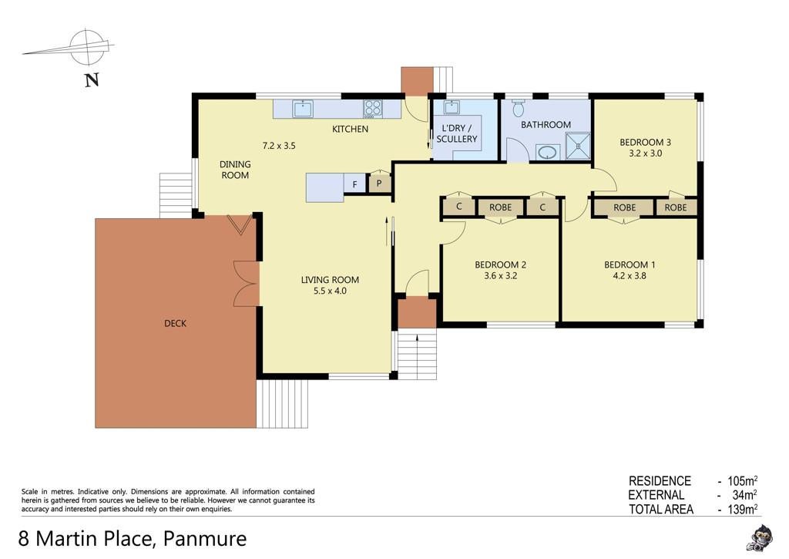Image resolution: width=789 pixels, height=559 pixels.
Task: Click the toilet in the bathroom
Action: pos(519,108)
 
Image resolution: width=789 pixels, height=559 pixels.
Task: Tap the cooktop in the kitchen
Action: pos(373,109)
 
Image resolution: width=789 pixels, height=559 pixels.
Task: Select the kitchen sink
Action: pos(303,108)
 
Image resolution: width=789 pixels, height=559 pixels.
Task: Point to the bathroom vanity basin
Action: pos(548,152)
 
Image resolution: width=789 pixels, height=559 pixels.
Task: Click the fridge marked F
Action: pos(355,184)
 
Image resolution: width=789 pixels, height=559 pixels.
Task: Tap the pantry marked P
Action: pos(379,183)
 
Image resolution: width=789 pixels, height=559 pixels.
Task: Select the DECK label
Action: pos(176,323)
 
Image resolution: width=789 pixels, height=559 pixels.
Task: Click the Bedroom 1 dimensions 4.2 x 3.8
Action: pos(630,275)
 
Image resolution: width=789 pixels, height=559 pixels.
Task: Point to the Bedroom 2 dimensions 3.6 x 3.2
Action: pos(501,275)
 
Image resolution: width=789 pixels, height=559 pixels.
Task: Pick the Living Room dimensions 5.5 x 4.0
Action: pos(330,291)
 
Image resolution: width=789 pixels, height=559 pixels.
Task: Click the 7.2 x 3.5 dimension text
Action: pos(279,146)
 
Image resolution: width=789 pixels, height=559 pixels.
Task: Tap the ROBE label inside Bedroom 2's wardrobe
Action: pos(500,207)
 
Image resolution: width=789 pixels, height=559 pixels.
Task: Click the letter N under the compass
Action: pos(92,79)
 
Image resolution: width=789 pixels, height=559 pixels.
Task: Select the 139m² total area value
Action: pos(743,509)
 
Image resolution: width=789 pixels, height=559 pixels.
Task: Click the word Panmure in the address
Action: pos(206,538)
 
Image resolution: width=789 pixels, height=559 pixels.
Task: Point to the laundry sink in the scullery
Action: pos(451,107)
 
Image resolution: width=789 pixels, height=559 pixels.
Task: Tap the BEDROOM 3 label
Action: pos(645,142)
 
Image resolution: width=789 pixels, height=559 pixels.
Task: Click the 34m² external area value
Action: pos(745,495)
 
